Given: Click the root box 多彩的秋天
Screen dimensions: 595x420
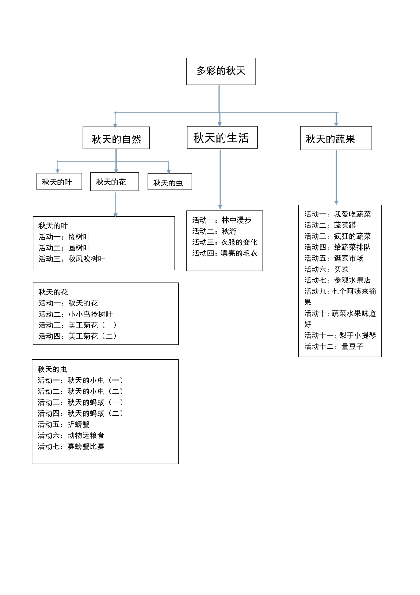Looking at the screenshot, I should click(x=221, y=71).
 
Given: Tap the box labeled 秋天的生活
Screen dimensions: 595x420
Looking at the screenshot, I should click(x=221, y=138).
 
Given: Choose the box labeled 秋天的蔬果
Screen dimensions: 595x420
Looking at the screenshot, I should click(x=336, y=139).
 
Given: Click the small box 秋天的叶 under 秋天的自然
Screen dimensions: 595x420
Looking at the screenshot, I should click(x=59, y=182).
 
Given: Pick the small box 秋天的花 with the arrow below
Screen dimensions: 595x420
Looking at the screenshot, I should click(x=114, y=182).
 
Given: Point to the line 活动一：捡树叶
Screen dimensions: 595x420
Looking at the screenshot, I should click(x=65, y=237).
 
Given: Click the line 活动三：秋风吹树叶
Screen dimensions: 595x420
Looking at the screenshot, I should click(x=72, y=259).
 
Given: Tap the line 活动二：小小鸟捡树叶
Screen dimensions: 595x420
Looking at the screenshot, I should click(x=76, y=314).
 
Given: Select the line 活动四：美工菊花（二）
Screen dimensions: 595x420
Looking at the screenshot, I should click(x=78, y=336).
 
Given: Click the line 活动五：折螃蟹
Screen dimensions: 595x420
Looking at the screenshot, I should click(x=64, y=425).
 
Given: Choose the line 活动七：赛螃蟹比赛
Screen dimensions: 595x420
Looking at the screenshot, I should click(x=71, y=447).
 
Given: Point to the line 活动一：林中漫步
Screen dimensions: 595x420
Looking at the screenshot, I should click(x=221, y=220).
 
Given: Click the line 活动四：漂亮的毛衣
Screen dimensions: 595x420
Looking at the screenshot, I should click(x=225, y=253).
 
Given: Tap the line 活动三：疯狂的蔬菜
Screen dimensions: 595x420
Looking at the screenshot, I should click(x=337, y=236).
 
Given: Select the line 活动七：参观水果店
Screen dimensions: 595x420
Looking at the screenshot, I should click(x=337, y=280).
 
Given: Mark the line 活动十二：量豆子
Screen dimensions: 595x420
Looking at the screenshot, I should click(x=334, y=347).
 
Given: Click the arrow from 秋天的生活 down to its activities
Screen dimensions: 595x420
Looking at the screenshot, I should click(x=220, y=179).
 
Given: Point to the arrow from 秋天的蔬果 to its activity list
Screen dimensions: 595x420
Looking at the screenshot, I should click(x=336, y=177).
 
